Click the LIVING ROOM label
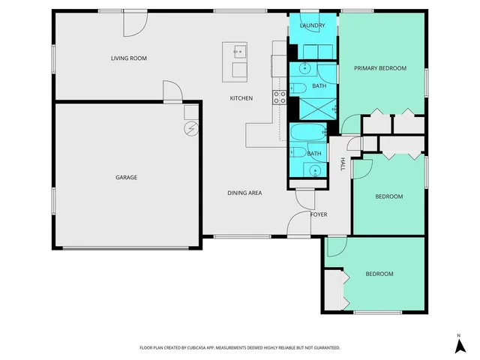pyautogui.click(x=129, y=58)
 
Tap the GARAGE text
pyautogui.click(x=126, y=178)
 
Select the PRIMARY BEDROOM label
pyautogui.click(x=380, y=68)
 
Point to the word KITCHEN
pyautogui.click(x=241, y=98)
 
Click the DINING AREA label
pyautogui.click(x=244, y=193)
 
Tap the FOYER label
pyautogui.click(x=319, y=214)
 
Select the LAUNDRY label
pyautogui.click(x=312, y=26)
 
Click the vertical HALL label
pyautogui.click(x=343, y=164)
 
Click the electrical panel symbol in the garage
pyautogui.click(x=191, y=128)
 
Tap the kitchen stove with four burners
pyautogui.click(x=279, y=97)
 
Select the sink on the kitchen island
pyautogui.click(x=239, y=52)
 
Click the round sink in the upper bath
pyautogui.click(x=306, y=69)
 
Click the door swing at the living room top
pyautogui.click(x=133, y=24)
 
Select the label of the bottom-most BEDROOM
pyautogui.click(x=379, y=274)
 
